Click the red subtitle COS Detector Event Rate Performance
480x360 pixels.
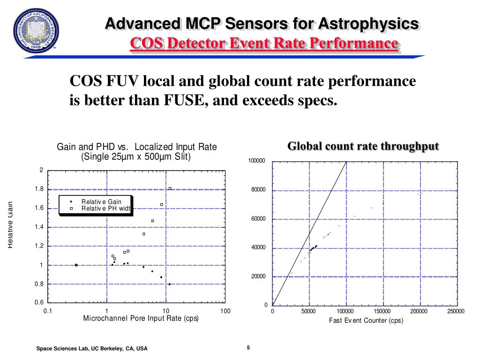[264, 44]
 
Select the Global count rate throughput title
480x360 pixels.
[363, 146]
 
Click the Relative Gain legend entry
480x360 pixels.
[101, 202]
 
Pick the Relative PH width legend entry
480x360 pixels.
[105, 209]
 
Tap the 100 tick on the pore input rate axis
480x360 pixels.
[225, 311]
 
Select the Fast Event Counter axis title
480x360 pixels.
[366, 321]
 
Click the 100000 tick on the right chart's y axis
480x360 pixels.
[257, 161]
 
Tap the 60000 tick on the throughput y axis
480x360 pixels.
[258, 219]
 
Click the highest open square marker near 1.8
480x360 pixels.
[170, 188]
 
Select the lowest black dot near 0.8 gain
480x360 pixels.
[169, 284]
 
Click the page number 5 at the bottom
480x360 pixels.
[248, 347]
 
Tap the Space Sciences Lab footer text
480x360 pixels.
[92, 349]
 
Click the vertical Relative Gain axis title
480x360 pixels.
[10, 225]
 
